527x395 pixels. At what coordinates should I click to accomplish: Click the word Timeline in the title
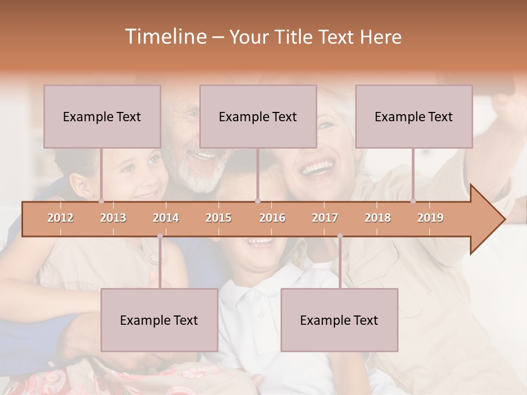[165, 37]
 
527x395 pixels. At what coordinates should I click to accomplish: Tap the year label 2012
[60, 218]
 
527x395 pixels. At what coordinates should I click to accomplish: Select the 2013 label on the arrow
[113, 218]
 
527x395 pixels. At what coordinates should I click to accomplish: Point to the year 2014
[166, 218]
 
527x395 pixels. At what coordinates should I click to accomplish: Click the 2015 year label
[218, 218]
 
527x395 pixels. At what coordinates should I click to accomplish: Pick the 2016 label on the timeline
[272, 218]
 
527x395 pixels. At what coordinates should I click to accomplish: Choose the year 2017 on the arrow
[325, 218]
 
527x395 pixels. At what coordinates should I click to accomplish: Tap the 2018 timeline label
[378, 218]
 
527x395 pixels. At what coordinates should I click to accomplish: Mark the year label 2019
[430, 218]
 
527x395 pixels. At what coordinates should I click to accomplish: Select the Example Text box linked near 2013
[102, 116]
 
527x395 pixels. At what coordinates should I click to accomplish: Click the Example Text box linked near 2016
[258, 116]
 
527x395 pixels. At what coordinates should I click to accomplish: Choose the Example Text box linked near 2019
[414, 116]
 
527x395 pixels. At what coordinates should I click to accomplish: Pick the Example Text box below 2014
[159, 320]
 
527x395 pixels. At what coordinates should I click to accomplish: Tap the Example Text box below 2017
[339, 320]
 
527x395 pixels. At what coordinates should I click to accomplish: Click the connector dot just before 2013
[102, 201]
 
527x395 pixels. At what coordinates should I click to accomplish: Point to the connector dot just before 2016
[257, 201]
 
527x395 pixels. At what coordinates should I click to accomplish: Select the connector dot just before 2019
[413, 201]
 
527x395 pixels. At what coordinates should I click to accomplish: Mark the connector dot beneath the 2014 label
[160, 236]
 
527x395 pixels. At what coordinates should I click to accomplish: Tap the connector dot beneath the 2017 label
[340, 236]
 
